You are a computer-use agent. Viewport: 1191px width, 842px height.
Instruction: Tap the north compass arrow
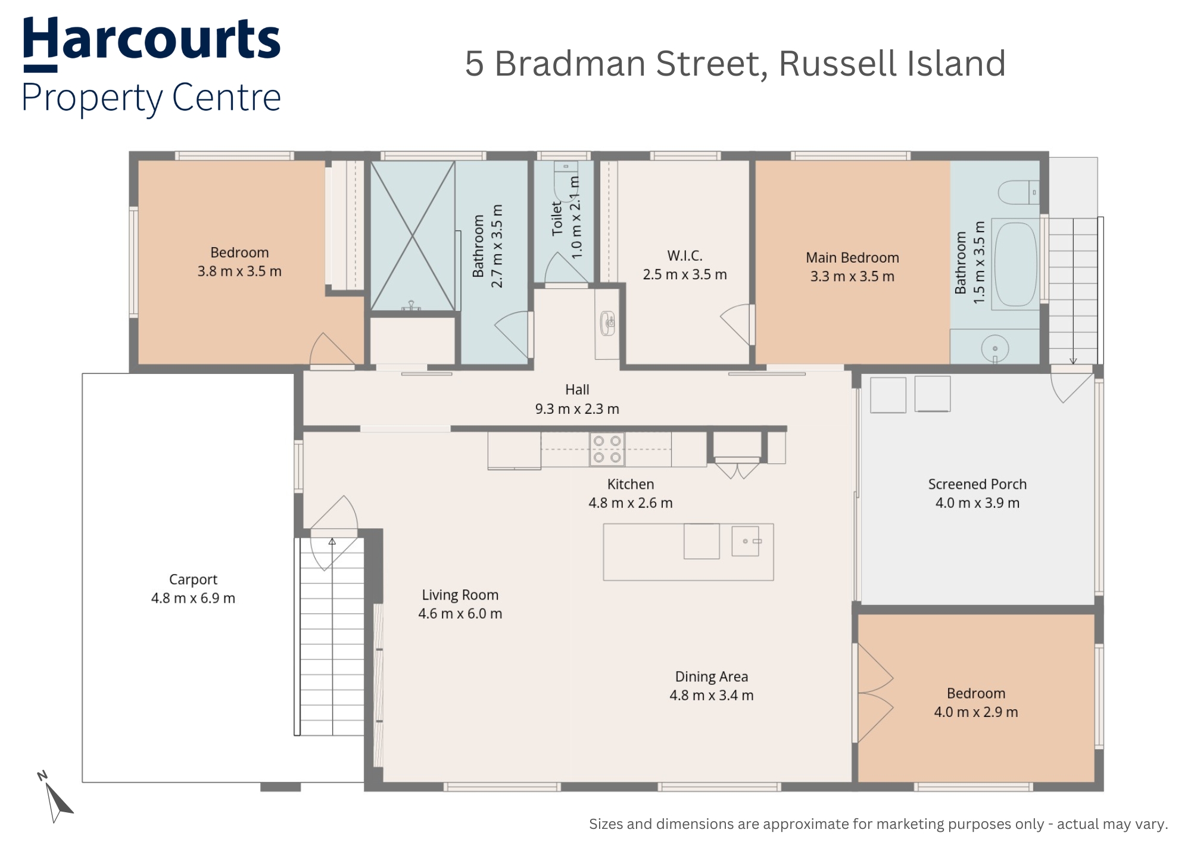coord(57,801)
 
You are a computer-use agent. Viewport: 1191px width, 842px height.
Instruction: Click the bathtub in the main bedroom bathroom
coord(1015,265)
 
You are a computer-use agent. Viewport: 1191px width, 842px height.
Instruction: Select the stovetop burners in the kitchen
coord(607,449)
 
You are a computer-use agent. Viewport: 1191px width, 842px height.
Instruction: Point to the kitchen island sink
coord(746,541)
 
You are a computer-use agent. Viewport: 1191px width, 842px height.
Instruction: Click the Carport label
coord(193,579)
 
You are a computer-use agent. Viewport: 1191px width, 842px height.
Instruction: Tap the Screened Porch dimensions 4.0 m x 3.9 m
coord(977,503)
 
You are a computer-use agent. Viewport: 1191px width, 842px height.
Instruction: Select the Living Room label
coord(460,595)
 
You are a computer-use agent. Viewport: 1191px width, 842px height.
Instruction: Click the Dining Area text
coord(712,676)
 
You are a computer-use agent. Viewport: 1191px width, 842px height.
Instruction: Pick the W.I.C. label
coord(685,256)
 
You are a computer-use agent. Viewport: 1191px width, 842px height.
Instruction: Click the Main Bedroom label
coord(852,258)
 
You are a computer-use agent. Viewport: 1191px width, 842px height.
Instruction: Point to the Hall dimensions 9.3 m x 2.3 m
coord(577,409)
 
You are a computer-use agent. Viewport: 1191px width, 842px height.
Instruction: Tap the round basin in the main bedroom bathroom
coord(994,348)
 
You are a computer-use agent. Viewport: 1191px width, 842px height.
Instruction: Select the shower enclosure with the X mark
coord(413,236)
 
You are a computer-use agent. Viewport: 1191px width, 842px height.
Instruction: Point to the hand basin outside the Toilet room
coord(607,323)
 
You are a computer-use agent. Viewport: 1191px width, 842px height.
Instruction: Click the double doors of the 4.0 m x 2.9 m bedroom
coord(875,693)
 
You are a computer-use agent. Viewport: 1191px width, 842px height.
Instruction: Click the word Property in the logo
coord(92,98)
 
